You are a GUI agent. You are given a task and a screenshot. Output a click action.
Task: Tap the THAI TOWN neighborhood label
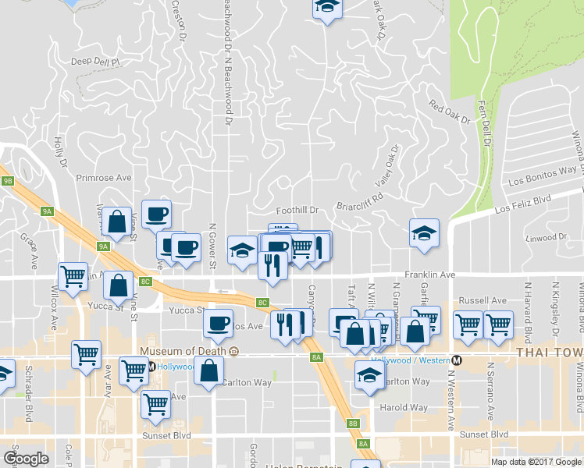(550, 353)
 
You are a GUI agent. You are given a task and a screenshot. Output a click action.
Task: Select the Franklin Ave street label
(429, 275)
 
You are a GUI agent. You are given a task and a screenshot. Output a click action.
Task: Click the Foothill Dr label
(298, 211)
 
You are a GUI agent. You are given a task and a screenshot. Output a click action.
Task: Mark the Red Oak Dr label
(450, 114)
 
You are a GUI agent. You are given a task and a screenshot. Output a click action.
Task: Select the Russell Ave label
(483, 300)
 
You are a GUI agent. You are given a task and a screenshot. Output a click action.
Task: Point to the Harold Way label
(404, 407)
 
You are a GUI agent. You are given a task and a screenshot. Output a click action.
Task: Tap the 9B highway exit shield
(8, 180)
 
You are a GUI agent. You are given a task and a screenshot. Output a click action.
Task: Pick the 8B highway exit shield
(353, 424)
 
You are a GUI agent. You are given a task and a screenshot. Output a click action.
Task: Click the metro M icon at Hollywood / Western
(458, 360)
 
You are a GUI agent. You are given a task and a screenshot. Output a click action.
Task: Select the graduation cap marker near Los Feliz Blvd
(424, 233)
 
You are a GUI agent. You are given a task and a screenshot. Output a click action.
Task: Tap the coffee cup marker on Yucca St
(219, 321)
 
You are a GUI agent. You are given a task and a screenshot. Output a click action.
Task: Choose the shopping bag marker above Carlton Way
(209, 370)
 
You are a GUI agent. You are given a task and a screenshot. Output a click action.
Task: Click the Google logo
(26, 459)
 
